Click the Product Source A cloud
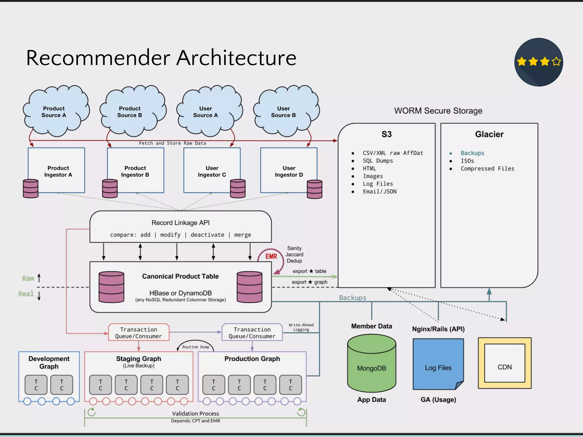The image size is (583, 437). coord(54,112)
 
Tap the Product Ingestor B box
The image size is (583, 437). coord(135,171)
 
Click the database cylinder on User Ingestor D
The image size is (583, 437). coord(315,189)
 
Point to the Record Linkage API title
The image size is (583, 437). coord(180,223)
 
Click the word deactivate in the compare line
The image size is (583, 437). coord(207,235)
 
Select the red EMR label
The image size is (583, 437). coord(271,256)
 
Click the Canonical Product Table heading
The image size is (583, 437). coord(180,276)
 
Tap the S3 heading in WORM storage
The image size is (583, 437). coord(387,134)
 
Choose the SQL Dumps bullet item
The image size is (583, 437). coord(378,161)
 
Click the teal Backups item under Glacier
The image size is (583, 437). coord(472,153)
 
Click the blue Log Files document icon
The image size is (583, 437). coord(438,364)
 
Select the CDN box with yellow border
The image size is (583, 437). coord(504,363)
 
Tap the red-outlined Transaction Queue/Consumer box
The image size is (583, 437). coord(139,333)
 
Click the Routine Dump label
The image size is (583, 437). coord(196,347)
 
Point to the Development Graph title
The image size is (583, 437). coord(49,362)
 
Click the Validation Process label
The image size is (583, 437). coord(196,413)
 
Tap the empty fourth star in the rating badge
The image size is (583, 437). coord(556,61)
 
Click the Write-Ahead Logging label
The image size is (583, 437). coord(301,327)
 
